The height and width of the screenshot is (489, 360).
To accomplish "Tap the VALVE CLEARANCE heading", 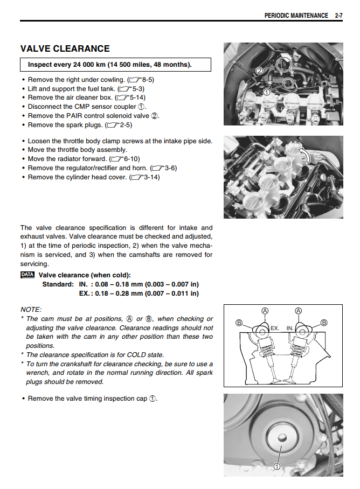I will [65, 49].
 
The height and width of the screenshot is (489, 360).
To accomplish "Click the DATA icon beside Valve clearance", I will [27, 275].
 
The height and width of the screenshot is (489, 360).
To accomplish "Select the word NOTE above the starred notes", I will [31, 310].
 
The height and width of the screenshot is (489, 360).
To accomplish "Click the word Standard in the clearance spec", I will [58, 284].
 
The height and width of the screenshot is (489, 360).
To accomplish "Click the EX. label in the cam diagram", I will [275, 327].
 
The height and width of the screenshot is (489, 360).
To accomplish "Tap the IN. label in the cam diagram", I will [290, 327].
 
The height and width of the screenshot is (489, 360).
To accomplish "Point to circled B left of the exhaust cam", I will [239, 323].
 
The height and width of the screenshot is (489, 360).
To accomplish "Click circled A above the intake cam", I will [299, 311].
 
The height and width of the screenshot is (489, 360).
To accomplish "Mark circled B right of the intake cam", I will [324, 323].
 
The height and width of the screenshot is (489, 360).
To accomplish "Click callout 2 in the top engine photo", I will [259, 71].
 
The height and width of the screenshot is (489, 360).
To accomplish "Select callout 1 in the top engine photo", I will [266, 92].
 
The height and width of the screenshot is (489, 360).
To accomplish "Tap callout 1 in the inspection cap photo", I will [277, 466].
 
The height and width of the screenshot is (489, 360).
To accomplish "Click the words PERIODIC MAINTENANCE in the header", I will [296, 16].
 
